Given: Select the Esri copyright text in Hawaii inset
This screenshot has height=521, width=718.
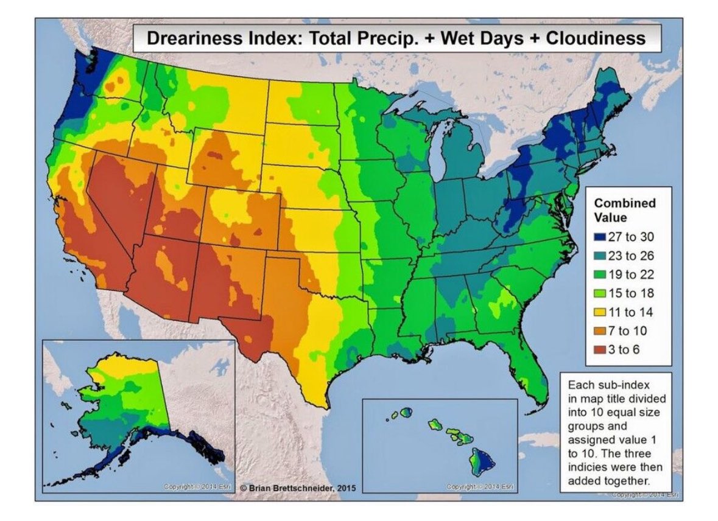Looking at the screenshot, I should [x=479, y=487].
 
